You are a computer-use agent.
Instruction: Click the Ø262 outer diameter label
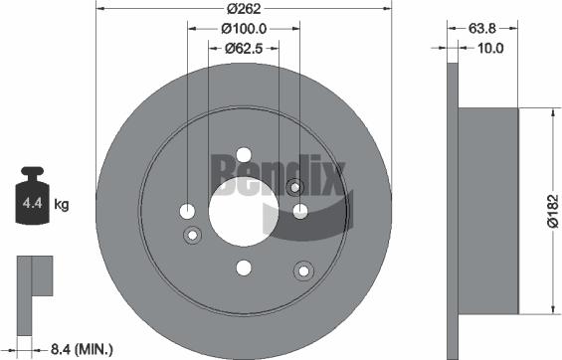pyautogui.click(x=243, y=9)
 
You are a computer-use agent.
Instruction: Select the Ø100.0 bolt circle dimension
pyautogui.click(x=243, y=28)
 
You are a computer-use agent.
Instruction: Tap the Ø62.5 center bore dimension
pyautogui.click(x=243, y=48)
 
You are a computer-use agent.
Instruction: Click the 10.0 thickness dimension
pyautogui.click(x=490, y=48)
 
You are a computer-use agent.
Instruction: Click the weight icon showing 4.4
pyautogui.click(x=29, y=203)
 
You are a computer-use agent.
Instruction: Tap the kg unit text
pyautogui.click(x=61, y=206)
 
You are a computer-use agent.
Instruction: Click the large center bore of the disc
pyautogui.click(x=244, y=211)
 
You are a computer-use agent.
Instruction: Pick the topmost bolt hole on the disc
pyautogui.click(x=244, y=155)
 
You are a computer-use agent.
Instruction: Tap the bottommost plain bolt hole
pyautogui.click(x=244, y=267)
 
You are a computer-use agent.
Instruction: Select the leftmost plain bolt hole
pyautogui.click(x=188, y=211)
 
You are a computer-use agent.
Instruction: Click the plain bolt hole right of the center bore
pyautogui.click(x=299, y=210)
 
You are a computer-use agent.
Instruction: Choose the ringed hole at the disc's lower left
pyautogui.click(x=193, y=235)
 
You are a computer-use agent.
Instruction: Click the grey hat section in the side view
pyautogui.click(x=487, y=211)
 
